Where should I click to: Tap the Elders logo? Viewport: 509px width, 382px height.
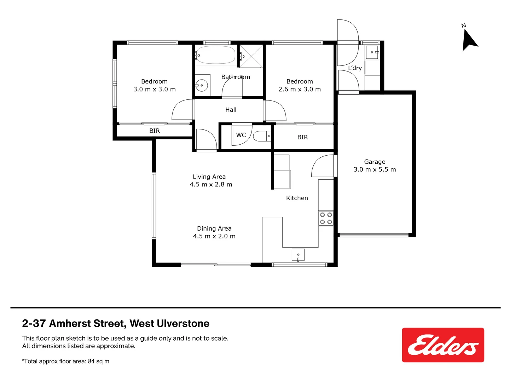click(443, 345)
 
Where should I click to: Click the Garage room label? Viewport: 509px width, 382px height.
click(375, 162)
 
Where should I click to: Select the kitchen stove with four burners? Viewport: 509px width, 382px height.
click(326, 218)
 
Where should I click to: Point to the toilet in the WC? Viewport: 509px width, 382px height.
click(262, 136)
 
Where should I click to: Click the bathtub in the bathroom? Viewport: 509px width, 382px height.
click(215, 55)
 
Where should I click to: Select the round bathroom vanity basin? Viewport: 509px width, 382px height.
click(202, 85)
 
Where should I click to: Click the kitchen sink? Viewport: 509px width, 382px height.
click(298, 255)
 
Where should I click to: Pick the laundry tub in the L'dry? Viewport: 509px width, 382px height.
click(372, 52)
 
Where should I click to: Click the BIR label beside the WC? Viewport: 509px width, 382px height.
click(302, 137)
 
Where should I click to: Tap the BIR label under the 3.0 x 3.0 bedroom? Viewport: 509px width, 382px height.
click(155, 131)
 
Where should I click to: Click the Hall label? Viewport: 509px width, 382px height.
click(231, 110)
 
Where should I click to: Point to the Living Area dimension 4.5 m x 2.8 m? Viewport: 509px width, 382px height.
click(211, 185)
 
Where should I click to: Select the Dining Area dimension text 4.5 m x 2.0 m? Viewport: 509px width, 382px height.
click(214, 236)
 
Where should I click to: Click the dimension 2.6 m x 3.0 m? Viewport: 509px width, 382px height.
click(300, 89)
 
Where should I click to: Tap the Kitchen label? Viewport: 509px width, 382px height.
click(297, 198)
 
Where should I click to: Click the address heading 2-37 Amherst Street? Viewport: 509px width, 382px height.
click(116, 323)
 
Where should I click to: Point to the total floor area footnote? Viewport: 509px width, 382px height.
click(66, 361)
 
